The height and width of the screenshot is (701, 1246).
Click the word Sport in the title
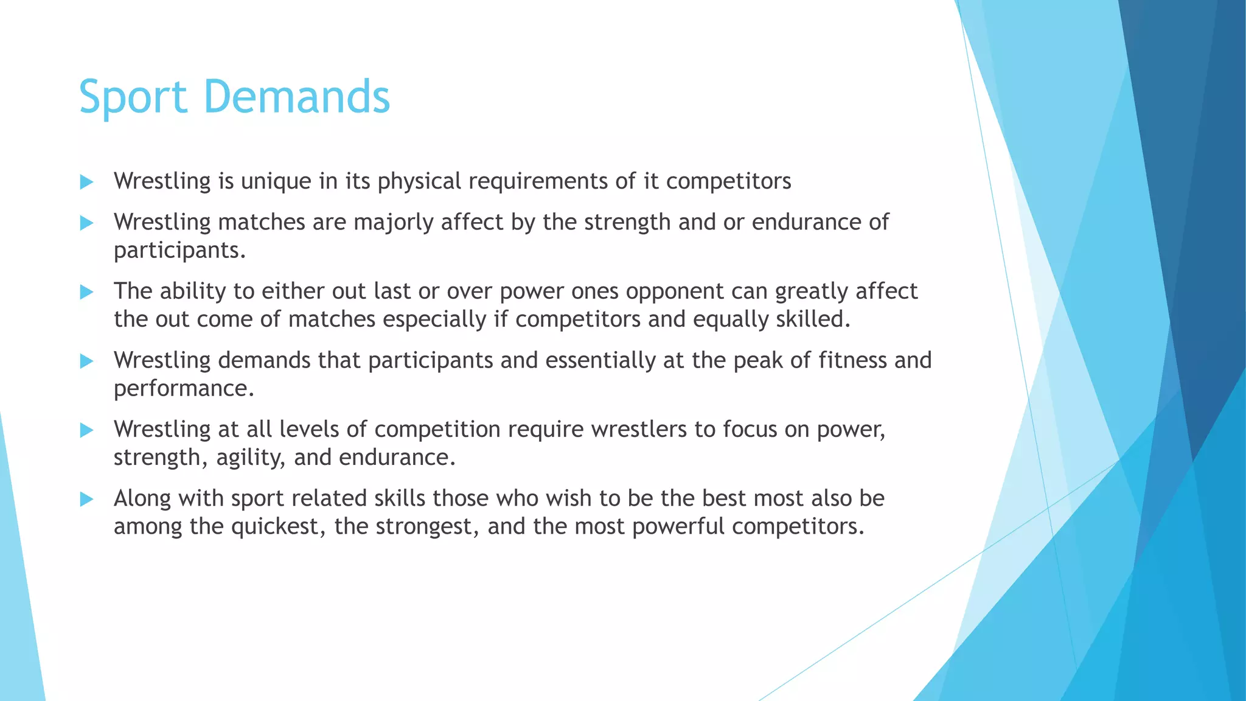point(133,97)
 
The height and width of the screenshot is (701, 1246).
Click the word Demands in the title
point(296,97)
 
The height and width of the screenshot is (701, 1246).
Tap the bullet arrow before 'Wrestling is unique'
point(86,182)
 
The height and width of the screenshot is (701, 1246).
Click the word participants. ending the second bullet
point(179,250)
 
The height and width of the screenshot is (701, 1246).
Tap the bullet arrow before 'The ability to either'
point(86,292)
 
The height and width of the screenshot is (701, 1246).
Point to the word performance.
point(184,388)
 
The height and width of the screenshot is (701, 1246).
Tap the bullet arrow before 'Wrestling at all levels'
point(86,430)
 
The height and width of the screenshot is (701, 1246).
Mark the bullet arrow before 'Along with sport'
point(86,500)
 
